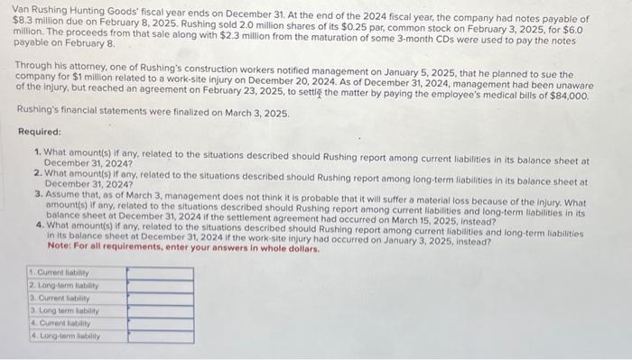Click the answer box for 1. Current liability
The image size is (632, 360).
[160, 272]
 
